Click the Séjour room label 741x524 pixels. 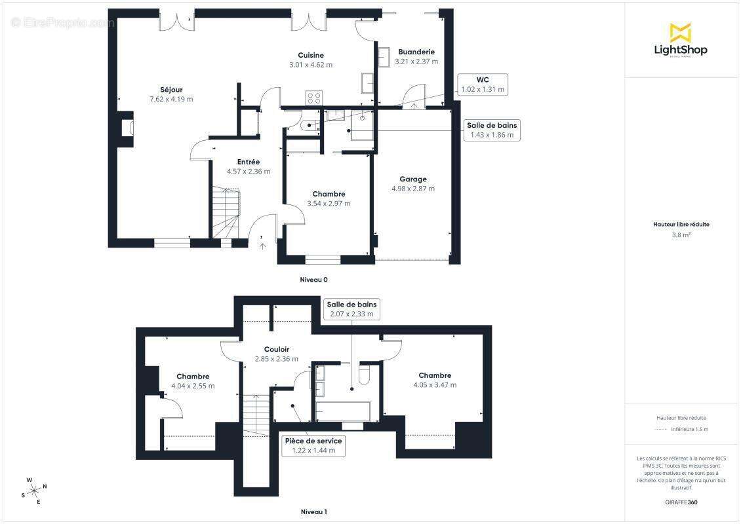tap(171, 90)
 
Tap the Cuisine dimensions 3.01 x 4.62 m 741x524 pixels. tap(310, 65)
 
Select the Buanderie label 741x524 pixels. tap(416, 52)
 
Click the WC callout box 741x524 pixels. tap(483, 84)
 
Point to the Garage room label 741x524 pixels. tap(413, 179)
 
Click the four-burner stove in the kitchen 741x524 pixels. tap(314, 98)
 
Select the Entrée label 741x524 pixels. tap(248, 162)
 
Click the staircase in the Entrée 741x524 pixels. tap(226, 212)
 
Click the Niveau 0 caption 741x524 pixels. tap(313, 280)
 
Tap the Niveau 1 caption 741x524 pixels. tap(313, 512)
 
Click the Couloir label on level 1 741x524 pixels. tap(277, 349)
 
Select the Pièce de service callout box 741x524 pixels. tap(313, 445)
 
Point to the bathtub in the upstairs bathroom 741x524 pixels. tap(343, 411)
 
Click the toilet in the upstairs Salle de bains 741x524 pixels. tap(365, 373)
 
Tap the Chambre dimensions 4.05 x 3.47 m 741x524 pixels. tap(435, 384)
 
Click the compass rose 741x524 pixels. tap(34, 491)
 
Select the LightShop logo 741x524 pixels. tap(681, 40)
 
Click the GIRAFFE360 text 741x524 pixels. tap(681, 502)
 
